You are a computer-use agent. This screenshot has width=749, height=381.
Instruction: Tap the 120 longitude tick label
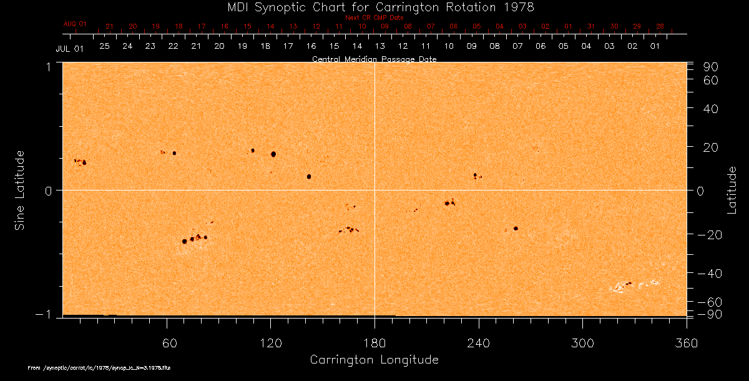[271, 343]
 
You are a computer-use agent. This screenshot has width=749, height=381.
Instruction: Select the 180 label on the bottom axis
[374, 343]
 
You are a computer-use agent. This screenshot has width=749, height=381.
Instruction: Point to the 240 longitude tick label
[479, 343]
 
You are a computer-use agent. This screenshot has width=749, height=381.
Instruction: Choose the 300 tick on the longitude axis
[582, 343]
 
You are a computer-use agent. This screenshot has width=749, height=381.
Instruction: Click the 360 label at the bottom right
[686, 343]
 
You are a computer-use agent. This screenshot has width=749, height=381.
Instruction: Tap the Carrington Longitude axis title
[374, 360]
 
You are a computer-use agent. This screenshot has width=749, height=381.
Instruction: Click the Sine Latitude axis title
[20, 190]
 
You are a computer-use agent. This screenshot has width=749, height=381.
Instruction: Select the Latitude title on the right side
[732, 190]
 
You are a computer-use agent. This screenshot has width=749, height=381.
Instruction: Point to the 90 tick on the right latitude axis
[712, 67]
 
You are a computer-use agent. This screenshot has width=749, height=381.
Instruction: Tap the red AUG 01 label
[75, 24]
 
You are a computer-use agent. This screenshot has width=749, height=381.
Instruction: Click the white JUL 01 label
[69, 48]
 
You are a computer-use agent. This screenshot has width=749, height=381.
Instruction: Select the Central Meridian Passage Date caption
[374, 59]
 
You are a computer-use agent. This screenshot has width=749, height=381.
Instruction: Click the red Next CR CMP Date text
[374, 17]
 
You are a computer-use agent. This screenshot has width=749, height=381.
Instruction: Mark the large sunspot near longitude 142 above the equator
[309, 177]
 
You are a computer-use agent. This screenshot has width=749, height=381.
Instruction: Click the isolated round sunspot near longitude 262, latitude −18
[516, 229]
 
